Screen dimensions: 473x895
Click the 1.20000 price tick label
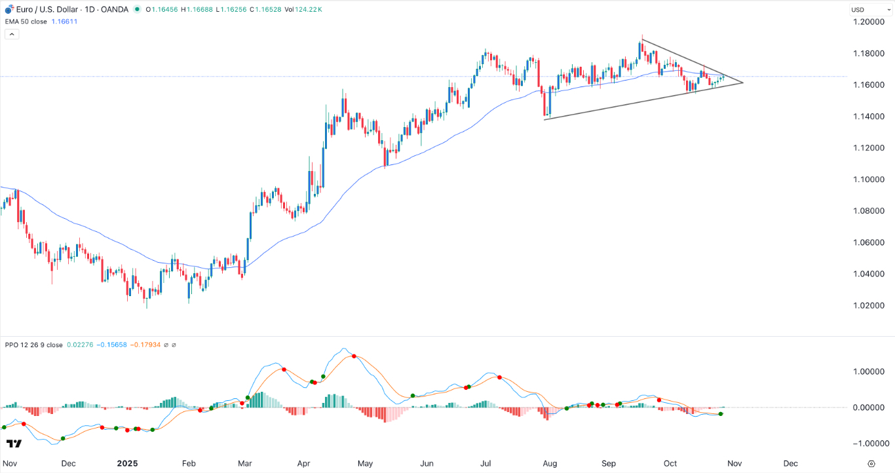(x=867, y=22)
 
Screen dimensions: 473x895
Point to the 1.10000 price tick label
(x=867, y=180)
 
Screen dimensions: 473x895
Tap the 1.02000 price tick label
(x=867, y=305)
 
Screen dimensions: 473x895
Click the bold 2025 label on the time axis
(x=127, y=463)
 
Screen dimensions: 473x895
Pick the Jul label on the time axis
(x=486, y=463)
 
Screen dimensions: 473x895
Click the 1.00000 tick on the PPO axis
(x=867, y=371)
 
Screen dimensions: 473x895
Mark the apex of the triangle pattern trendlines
(x=743, y=83)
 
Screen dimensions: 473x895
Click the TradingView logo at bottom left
(x=14, y=444)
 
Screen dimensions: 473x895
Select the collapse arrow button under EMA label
(x=10, y=34)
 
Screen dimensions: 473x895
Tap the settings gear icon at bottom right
(x=871, y=463)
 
